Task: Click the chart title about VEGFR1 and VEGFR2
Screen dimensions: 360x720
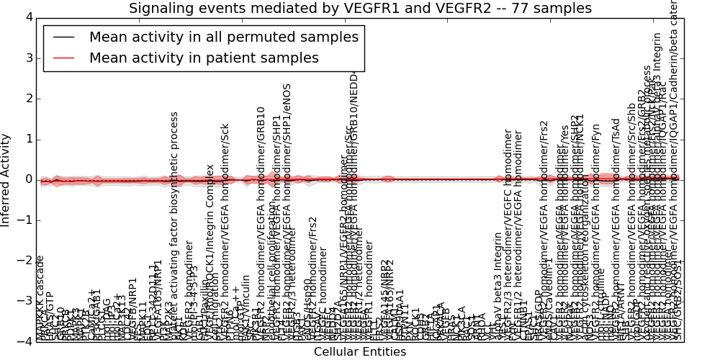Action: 360,9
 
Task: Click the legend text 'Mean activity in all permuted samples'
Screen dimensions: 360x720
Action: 223,37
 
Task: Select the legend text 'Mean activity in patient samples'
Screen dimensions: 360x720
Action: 204,58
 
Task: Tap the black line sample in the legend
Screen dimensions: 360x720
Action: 63,37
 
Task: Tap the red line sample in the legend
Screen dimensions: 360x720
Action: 63,58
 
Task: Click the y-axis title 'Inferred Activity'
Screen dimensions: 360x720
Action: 6,179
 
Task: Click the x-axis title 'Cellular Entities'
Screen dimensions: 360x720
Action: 359,352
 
